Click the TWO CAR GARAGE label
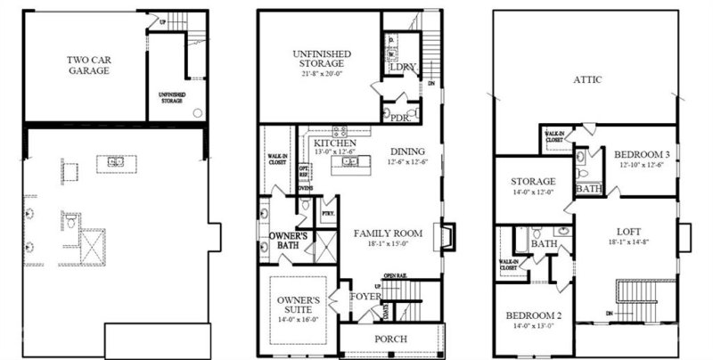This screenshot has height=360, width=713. (x=87, y=65)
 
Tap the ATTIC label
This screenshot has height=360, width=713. (x=587, y=80)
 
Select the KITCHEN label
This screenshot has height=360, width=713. (x=335, y=143)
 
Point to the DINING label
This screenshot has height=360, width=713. (x=406, y=151)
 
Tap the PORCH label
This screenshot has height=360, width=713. (x=391, y=340)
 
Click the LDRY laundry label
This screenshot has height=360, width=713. (x=404, y=68)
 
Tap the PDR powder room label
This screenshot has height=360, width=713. (x=399, y=117)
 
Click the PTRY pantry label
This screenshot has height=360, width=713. (x=327, y=215)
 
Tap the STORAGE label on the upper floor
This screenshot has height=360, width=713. (x=533, y=182)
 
